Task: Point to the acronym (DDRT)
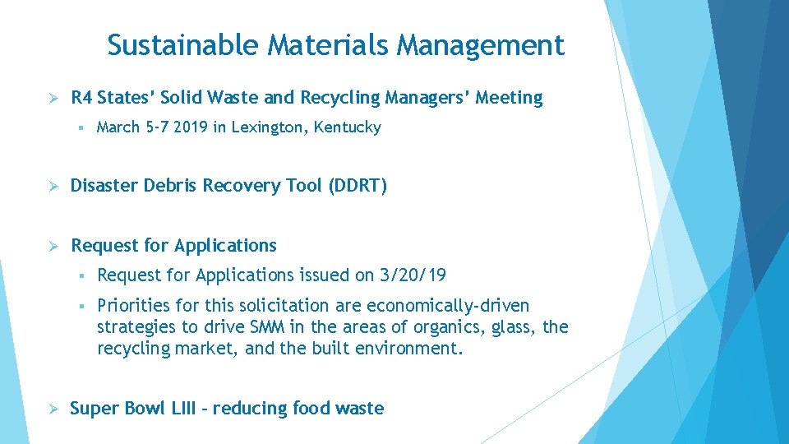(358, 186)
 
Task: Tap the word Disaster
(104, 186)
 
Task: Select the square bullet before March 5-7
(84, 128)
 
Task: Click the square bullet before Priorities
(84, 307)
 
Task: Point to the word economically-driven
(448, 306)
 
